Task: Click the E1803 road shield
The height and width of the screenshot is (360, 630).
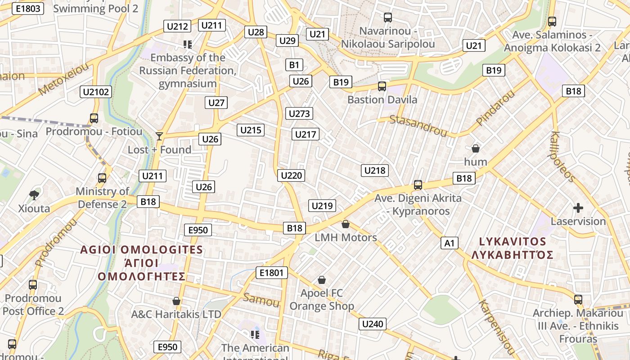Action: [x=27, y=9]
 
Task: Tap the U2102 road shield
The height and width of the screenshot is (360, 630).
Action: [x=96, y=92]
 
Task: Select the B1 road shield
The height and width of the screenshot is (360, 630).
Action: [x=294, y=65]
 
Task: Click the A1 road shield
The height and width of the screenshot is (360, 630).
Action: [x=449, y=243]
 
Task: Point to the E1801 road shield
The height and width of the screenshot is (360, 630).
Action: [x=271, y=272]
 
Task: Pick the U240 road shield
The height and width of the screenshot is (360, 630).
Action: [x=373, y=324]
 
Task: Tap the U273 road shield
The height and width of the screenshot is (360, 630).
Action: [x=299, y=113]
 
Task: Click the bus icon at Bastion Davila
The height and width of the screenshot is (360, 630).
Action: [x=382, y=86]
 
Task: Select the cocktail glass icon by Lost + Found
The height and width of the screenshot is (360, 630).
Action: [x=159, y=136]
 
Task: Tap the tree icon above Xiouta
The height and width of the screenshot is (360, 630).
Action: [x=34, y=195]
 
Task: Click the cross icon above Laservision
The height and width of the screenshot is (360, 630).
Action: [x=578, y=208]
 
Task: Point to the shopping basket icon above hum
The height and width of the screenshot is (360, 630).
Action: [x=475, y=148]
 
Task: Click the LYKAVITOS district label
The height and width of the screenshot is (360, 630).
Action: [x=513, y=242]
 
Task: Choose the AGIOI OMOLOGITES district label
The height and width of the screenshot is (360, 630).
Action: [x=141, y=250]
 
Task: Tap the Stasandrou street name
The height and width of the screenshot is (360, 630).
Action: [x=418, y=126]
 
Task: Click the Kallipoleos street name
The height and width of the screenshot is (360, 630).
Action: [x=562, y=157]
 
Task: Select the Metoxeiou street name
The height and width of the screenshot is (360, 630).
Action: [x=63, y=80]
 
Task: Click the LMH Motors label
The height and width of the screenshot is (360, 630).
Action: [x=346, y=237]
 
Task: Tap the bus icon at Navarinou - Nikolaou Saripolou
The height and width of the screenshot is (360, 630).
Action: [x=388, y=18]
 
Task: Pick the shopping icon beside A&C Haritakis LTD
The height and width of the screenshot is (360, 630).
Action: [x=176, y=301]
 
